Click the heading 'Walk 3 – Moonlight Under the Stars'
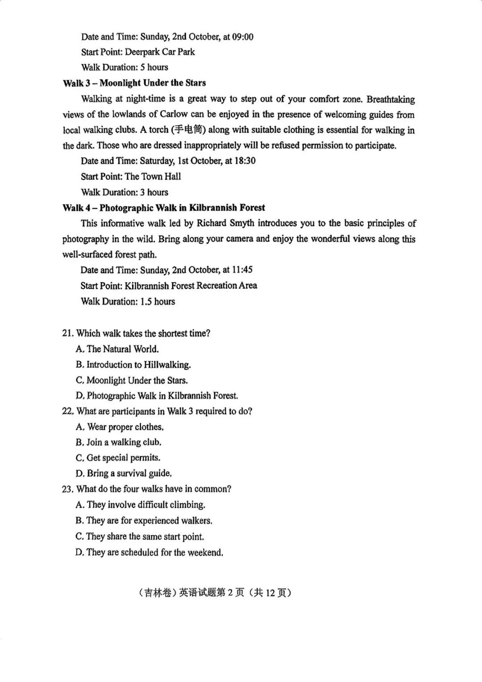(x=134, y=83)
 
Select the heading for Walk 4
(x=164, y=208)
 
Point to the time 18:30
(x=245, y=161)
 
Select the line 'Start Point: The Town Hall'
(x=131, y=177)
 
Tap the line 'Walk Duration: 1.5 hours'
(x=128, y=302)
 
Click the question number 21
(x=67, y=334)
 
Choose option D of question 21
(x=157, y=396)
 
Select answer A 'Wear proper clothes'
(x=120, y=427)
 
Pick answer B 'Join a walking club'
(x=118, y=442)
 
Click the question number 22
(x=67, y=412)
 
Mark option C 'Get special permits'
(x=118, y=458)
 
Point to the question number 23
(x=67, y=489)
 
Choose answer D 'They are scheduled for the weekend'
(x=149, y=553)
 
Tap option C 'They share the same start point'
(x=140, y=537)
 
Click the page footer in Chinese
(x=215, y=593)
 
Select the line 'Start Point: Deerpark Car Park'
(x=138, y=52)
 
